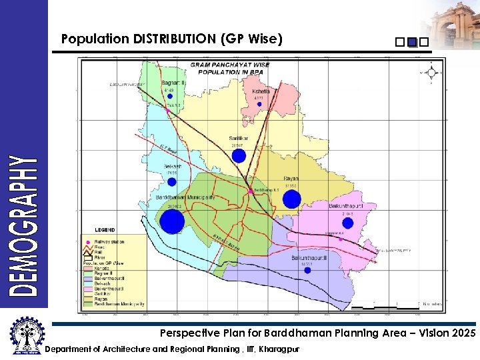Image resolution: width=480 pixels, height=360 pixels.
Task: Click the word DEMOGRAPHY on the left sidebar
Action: [24, 226]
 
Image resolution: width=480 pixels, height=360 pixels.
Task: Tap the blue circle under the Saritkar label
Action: [239, 156]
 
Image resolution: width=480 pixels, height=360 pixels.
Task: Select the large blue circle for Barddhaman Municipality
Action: [172, 221]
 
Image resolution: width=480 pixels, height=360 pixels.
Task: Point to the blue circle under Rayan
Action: [291, 199]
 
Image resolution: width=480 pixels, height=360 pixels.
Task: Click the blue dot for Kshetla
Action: [259, 104]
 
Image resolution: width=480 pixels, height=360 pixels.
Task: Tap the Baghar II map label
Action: [171, 82]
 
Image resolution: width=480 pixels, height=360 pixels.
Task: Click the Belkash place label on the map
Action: [172, 167]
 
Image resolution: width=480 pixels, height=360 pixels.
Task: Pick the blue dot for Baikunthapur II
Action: [307, 270]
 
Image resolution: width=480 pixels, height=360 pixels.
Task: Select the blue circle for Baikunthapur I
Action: [347, 223]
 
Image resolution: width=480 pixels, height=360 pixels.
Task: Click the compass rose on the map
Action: [431, 72]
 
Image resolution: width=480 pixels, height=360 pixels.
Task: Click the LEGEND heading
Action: [105, 229]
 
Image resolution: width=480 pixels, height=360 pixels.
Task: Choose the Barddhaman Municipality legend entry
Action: [120, 303]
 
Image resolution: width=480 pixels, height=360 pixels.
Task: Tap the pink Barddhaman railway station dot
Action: [250, 191]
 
